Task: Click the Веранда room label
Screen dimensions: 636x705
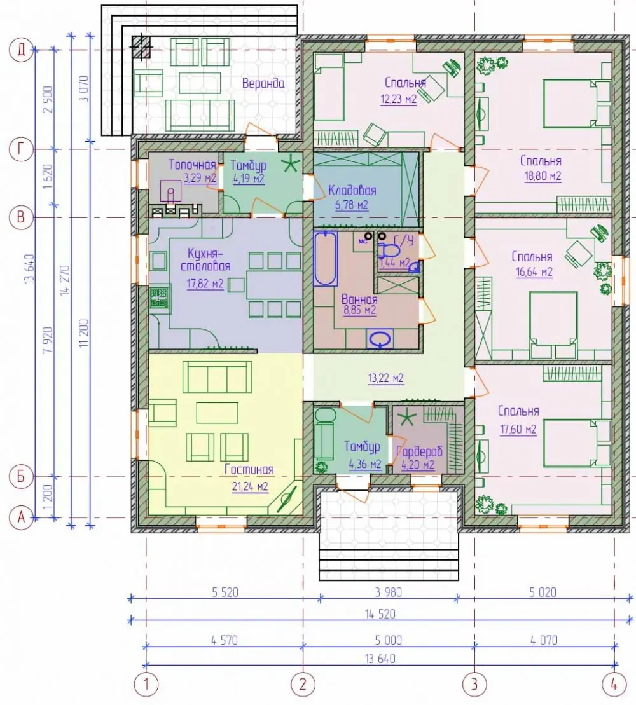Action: point(263,84)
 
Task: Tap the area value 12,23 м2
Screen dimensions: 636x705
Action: point(399,99)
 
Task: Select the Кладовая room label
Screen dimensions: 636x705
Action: point(352,190)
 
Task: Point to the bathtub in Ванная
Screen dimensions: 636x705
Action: point(326,259)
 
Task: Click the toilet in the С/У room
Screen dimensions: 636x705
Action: point(389,249)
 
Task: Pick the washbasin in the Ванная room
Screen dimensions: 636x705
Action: point(380,339)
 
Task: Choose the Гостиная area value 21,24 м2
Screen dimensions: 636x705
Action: point(250,486)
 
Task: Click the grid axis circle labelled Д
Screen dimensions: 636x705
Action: point(21,50)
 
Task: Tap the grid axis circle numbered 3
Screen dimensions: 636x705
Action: point(474,684)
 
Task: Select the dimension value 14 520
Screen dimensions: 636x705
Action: point(380,613)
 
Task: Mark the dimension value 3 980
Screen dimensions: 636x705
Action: point(389,592)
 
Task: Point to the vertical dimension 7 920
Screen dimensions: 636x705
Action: point(48,340)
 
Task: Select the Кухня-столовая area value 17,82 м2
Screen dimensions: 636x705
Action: point(205,284)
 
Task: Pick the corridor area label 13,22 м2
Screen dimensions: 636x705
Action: point(386,379)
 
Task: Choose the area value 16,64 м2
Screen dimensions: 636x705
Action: point(534,272)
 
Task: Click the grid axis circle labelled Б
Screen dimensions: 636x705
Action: point(21,476)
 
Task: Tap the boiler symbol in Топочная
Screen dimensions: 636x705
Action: point(170,191)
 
